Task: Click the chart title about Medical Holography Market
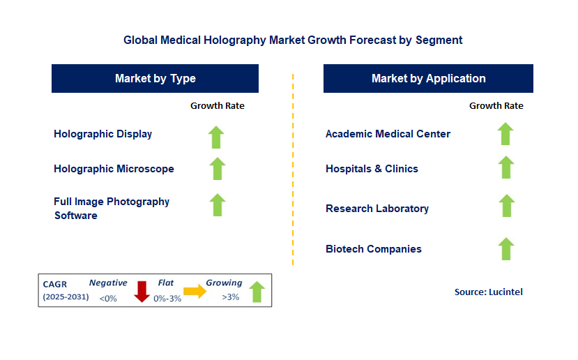click(x=293, y=40)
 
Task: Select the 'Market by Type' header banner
click(x=155, y=79)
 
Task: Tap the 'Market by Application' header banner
click(x=428, y=79)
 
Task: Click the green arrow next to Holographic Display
click(x=217, y=137)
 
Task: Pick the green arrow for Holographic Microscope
click(x=217, y=169)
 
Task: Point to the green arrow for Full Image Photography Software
click(x=217, y=205)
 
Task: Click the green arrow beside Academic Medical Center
click(x=505, y=134)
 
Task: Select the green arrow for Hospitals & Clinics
click(x=505, y=167)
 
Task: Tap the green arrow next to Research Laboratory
click(x=506, y=206)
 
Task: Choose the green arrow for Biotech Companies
click(x=506, y=249)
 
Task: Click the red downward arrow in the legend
click(x=142, y=291)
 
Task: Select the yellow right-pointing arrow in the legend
click(x=195, y=291)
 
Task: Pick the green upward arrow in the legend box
click(x=257, y=292)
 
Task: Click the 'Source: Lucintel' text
click(x=488, y=292)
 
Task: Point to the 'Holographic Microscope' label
click(x=114, y=169)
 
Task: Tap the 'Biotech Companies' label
click(x=373, y=249)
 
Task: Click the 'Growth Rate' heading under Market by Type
click(x=218, y=106)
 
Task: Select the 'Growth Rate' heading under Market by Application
click(x=496, y=106)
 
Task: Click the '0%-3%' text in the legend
click(x=167, y=297)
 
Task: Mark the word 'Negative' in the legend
click(x=108, y=283)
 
